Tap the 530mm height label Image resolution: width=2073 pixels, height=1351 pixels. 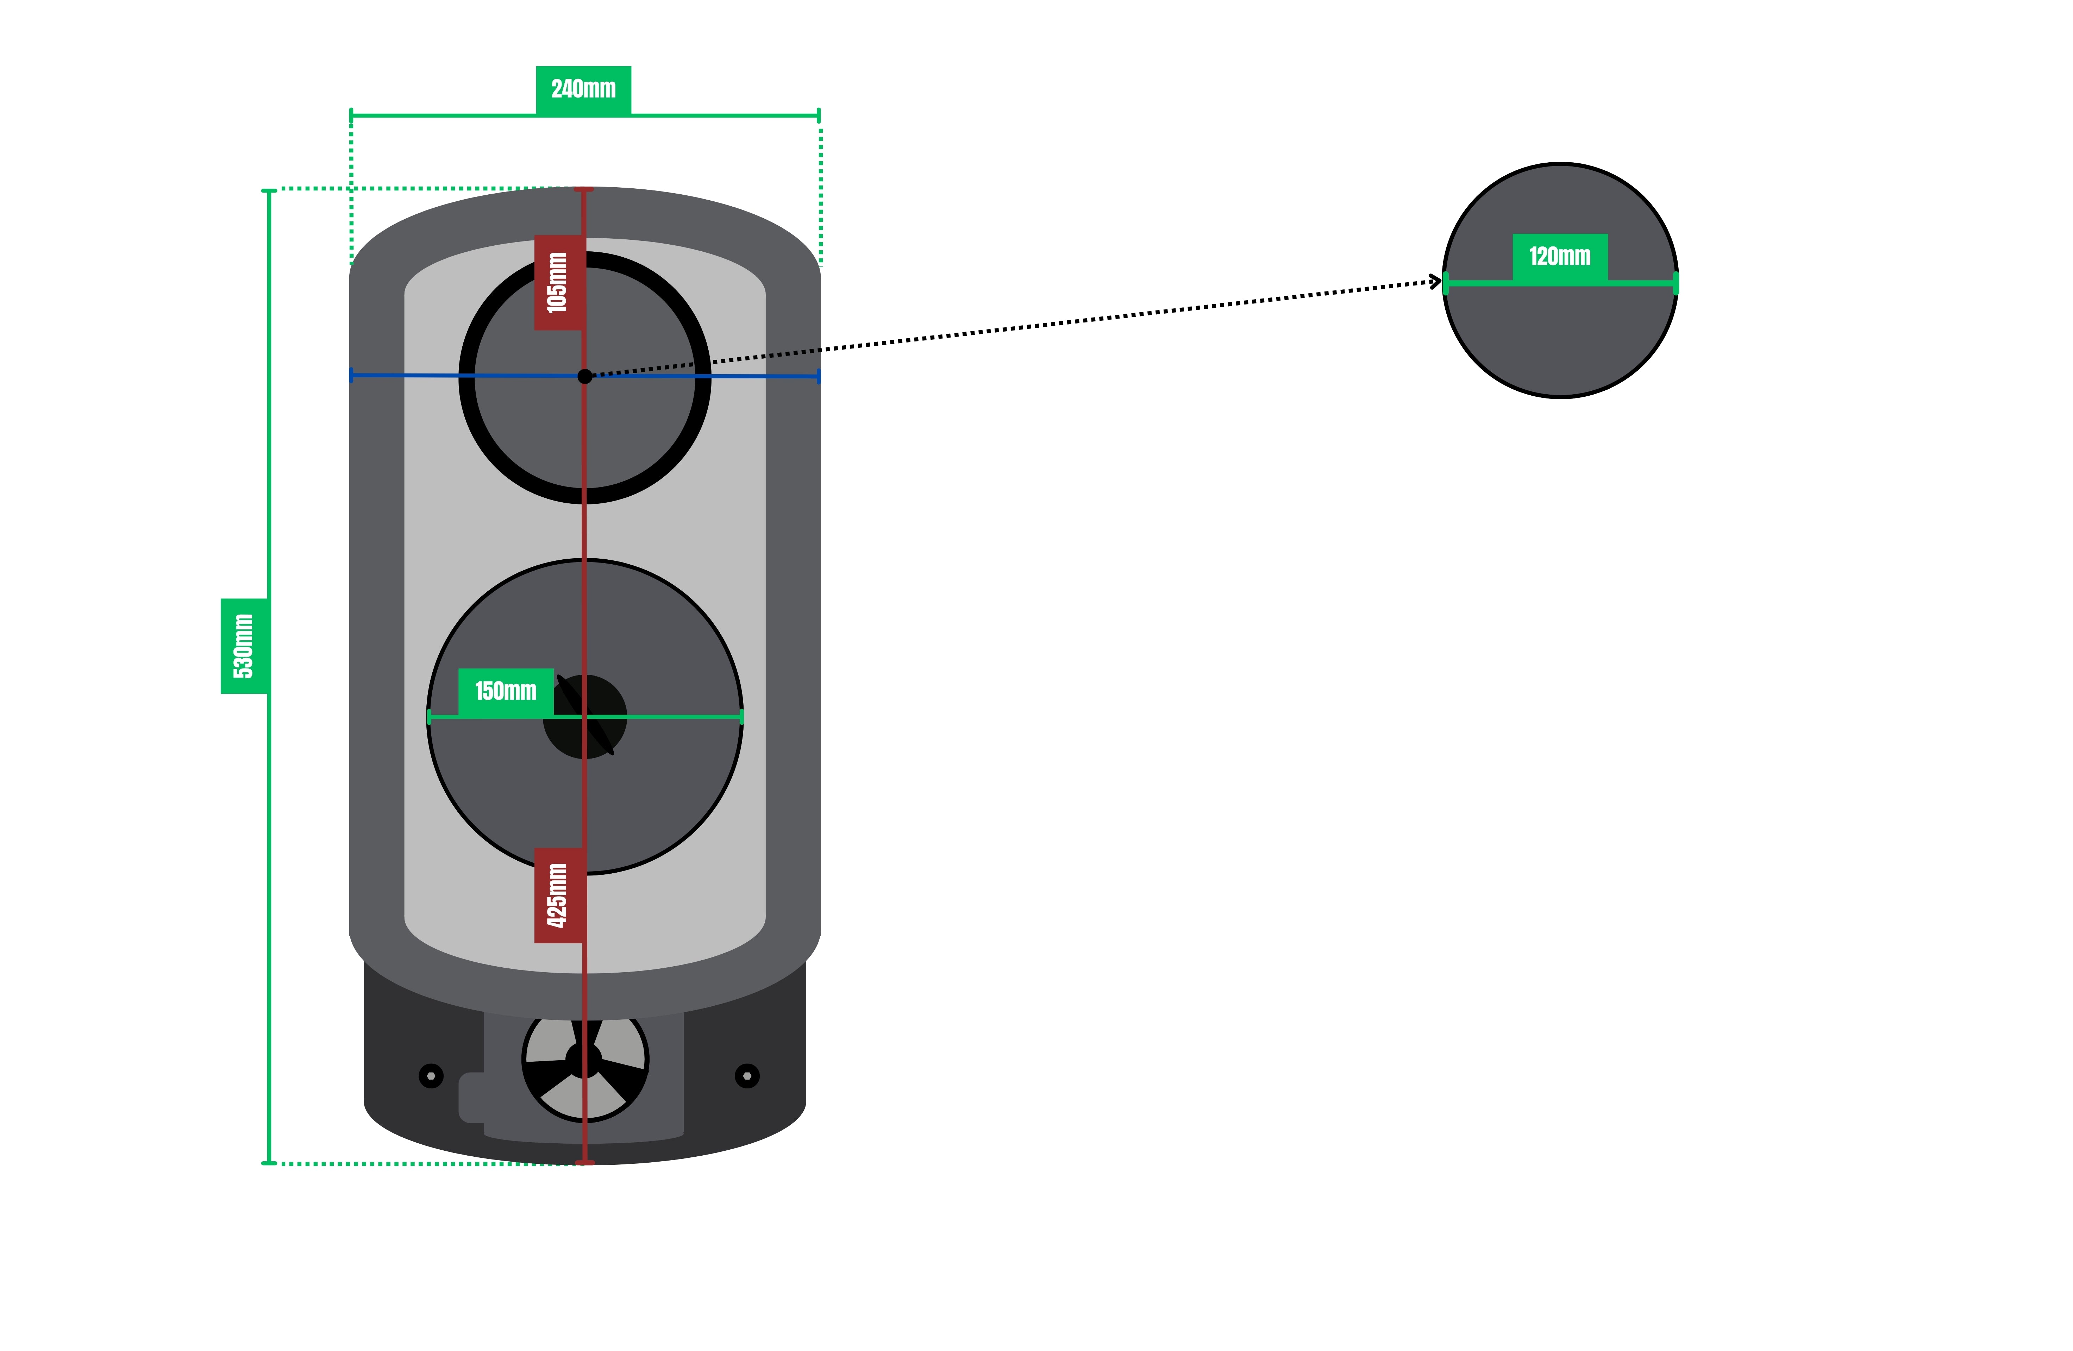click(x=244, y=646)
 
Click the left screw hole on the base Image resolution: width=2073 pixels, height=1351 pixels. click(x=431, y=1076)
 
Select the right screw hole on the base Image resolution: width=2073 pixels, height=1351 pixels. click(x=747, y=1076)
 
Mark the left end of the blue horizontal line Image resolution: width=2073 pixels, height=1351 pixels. click(x=351, y=376)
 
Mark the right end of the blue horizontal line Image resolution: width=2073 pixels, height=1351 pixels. click(x=819, y=376)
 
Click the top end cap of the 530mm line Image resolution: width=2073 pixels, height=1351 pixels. click(x=269, y=190)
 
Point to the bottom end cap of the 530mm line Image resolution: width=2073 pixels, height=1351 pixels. click(x=269, y=1163)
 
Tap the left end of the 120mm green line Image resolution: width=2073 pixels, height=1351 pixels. click(x=1446, y=283)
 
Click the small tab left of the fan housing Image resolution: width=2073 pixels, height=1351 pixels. click(x=471, y=1098)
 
